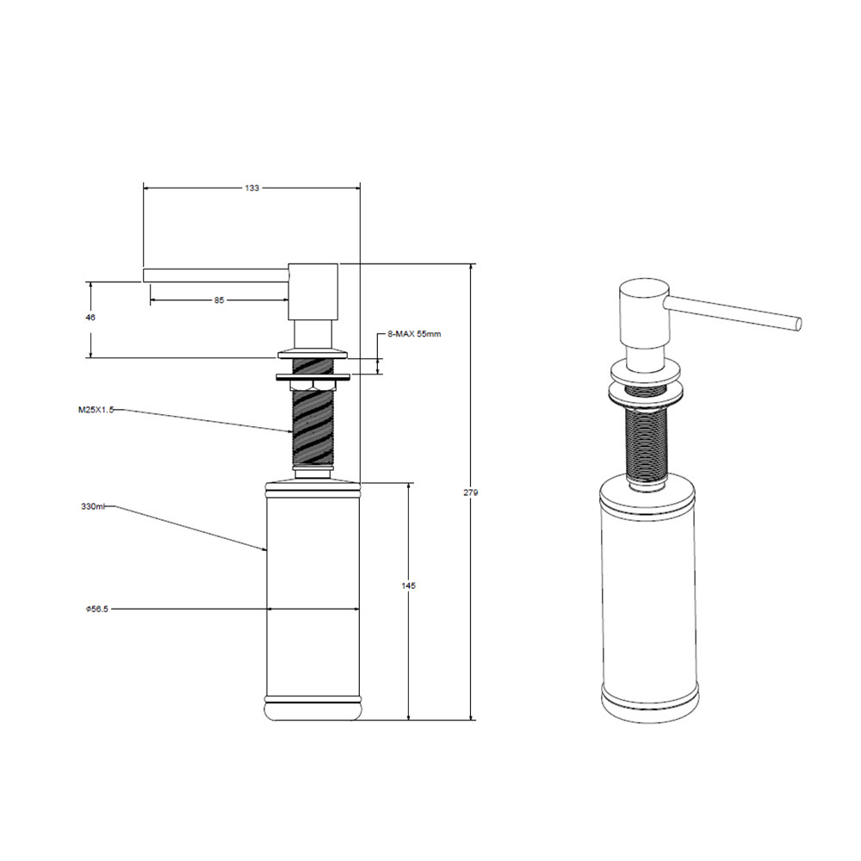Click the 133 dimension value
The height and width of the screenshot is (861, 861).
(251, 187)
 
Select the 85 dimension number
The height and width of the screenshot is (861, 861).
(219, 300)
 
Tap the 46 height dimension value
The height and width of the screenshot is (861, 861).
(90, 318)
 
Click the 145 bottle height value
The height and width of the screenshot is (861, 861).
(408, 586)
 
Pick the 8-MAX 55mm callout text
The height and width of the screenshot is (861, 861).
(414, 333)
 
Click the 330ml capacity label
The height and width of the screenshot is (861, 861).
(94, 507)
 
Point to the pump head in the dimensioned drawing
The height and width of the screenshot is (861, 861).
(313, 293)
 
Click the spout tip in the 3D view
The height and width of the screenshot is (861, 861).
(797, 324)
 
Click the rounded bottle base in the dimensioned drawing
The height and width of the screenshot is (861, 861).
(313, 709)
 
